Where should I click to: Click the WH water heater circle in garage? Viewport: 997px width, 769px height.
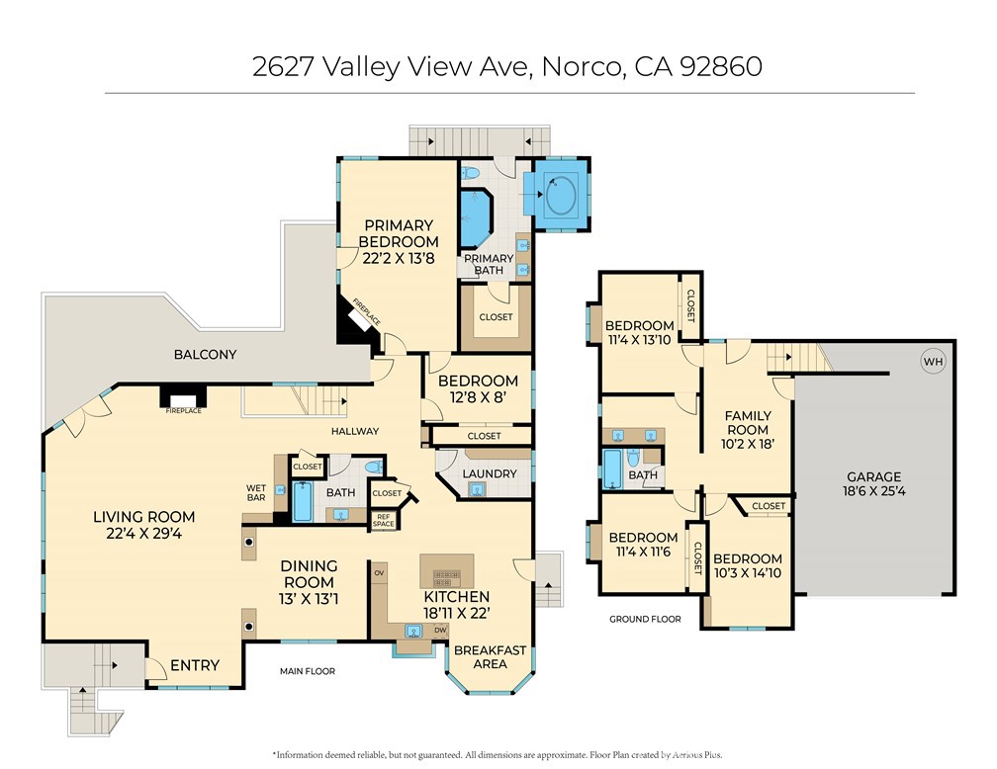click(x=933, y=362)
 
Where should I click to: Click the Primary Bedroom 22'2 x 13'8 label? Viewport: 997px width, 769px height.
click(x=398, y=242)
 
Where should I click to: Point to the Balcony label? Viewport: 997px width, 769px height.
click(x=205, y=354)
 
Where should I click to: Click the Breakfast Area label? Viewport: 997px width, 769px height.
click(x=490, y=657)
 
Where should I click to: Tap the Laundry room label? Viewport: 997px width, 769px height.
click(x=490, y=473)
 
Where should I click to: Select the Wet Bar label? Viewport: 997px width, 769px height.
click(x=256, y=492)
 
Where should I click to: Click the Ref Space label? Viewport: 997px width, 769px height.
click(x=384, y=520)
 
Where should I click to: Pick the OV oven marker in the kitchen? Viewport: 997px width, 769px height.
click(x=379, y=572)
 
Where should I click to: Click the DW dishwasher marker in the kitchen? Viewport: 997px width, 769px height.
click(x=440, y=629)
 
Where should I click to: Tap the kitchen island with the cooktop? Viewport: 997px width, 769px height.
click(x=447, y=570)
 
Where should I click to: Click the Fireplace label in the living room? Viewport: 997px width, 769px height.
click(x=183, y=410)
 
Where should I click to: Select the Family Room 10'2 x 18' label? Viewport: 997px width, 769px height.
click(x=747, y=430)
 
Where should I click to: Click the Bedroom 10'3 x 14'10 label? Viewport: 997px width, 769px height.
click(x=747, y=565)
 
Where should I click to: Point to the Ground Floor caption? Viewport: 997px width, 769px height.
click(x=645, y=619)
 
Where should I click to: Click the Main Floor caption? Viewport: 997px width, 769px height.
click(x=307, y=671)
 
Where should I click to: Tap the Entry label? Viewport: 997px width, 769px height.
click(x=194, y=665)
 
